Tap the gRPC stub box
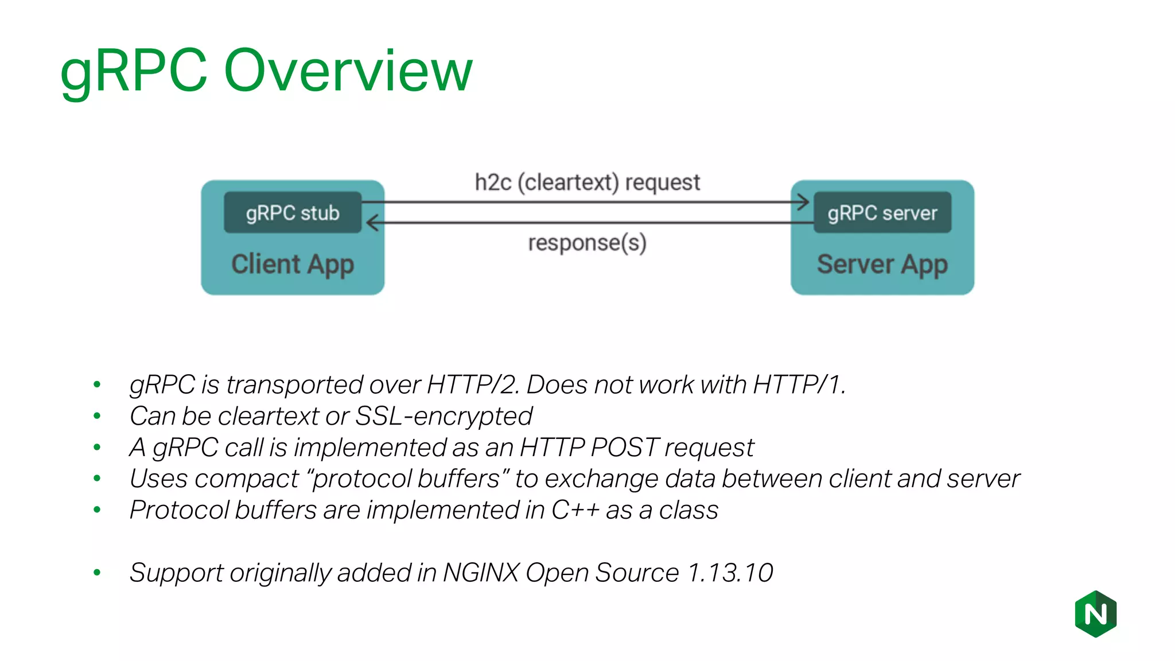(293, 213)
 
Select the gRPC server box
(882, 213)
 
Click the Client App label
(293, 265)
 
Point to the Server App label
(882, 265)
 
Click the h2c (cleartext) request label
(587, 182)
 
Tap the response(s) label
(587, 243)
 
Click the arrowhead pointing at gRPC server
(803, 202)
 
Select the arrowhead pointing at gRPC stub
(372, 223)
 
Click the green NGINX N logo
(1095, 614)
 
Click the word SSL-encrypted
(443, 416)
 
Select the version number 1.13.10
(730, 573)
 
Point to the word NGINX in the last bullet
(481, 573)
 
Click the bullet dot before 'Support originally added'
(97, 572)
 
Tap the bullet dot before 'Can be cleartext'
(97, 415)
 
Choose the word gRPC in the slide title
(134, 72)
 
